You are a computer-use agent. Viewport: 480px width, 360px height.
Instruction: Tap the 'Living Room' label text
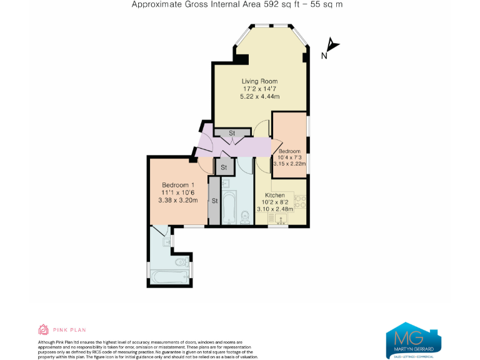click(x=259, y=81)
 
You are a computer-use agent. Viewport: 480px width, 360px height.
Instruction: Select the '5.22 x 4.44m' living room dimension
click(x=259, y=97)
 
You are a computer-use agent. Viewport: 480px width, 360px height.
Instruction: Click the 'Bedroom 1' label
click(x=178, y=185)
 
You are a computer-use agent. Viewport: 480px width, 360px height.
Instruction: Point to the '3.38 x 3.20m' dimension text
click(x=178, y=201)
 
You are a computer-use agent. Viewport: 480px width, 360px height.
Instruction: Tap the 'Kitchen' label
click(x=276, y=194)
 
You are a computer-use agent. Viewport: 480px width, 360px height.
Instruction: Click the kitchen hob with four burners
click(x=301, y=201)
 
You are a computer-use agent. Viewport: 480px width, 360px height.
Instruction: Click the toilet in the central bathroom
click(x=244, y=217)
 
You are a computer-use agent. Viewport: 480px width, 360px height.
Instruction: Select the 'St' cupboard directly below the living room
click(x=231, y=132)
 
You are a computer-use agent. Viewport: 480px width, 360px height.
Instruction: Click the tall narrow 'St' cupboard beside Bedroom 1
click(x=214, y=201)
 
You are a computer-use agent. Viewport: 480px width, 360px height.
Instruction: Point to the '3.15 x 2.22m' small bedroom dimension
click(x=290, y=164)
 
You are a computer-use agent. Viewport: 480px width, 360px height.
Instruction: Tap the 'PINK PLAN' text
click(x=69, y=330)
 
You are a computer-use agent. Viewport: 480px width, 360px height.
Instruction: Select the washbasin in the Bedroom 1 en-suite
click(x=167, y=241)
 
